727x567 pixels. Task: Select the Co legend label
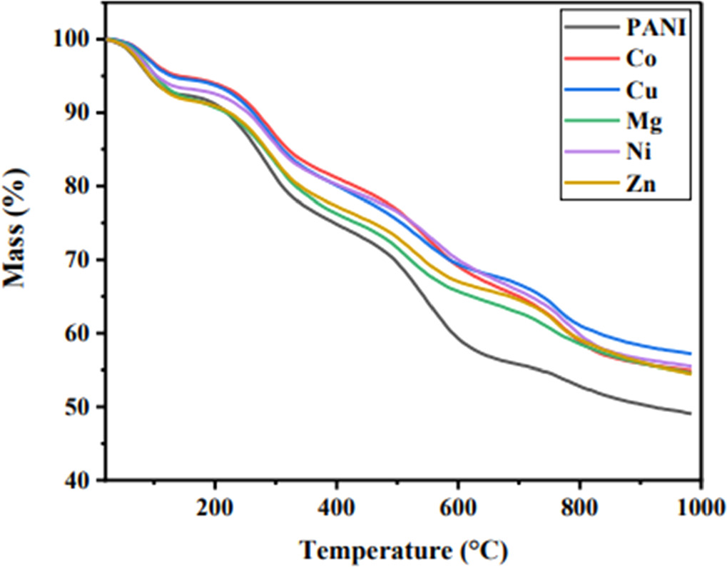[x=640, y=60]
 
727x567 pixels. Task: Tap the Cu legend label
[x=640, y=91]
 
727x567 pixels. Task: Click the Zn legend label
[x=640, y=185]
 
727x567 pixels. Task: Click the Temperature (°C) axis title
[x=403, y=550]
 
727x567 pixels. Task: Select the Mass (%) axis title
[x=19, y=227]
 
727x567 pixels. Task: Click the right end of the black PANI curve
[x=690, y=413]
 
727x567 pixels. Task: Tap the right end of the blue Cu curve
[x=690, y=353]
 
